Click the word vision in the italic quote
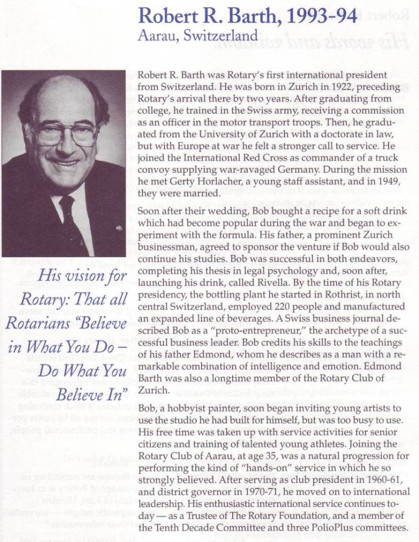(x=71, y=276)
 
